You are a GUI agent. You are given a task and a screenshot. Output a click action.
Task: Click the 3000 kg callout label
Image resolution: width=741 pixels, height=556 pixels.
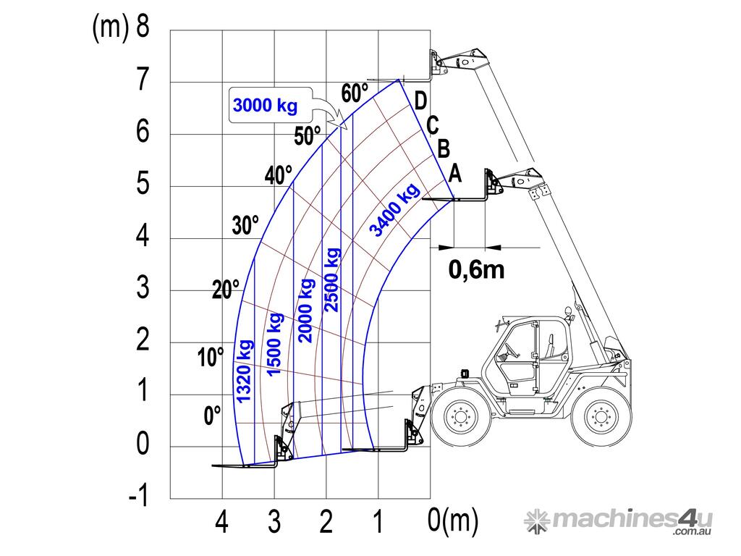pos(265,105)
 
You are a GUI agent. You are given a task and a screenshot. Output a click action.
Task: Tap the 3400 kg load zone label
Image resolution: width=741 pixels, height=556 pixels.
pos(394,210)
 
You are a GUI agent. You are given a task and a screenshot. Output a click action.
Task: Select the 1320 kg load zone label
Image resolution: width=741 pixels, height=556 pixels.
pos(244,371)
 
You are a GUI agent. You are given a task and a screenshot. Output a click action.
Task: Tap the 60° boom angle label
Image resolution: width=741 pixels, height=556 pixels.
pos(355,93)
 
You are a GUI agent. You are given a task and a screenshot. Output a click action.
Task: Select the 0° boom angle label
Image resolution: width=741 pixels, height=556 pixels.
pos(212,415)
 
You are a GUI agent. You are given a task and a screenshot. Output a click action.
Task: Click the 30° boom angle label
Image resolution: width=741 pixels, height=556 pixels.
pos(245,225)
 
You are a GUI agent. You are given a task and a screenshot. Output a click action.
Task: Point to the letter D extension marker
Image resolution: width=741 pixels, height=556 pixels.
pos(420,101)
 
